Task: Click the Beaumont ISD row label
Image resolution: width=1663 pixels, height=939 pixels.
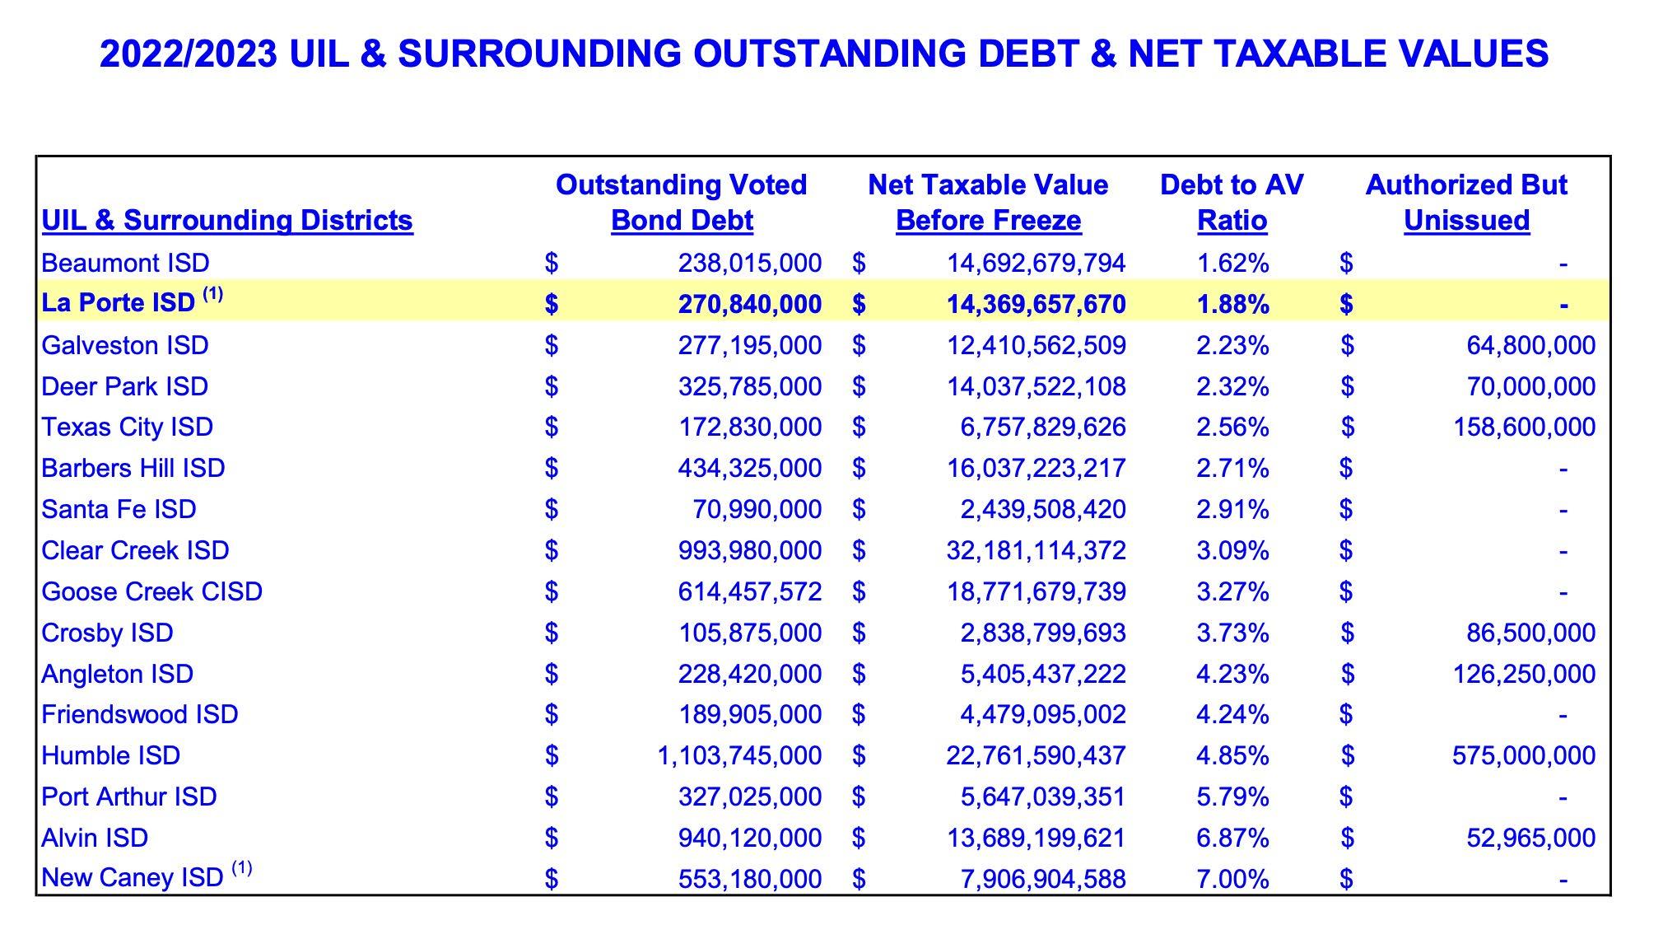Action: [x=125, y=263]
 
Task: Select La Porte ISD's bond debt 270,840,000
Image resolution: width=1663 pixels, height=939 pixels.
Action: [x=749, y=304]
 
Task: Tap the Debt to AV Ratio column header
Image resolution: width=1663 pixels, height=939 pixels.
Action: [x=1232, y=203]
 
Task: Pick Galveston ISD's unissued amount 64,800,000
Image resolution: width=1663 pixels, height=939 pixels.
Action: [x=1530, y=345]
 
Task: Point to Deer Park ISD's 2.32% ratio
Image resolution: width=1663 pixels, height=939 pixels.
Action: [x=1232, y=386]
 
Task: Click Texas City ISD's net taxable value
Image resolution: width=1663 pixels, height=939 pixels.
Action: [x=1042, y=427]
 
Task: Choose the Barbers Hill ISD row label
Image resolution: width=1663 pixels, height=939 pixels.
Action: [x=133, y=468]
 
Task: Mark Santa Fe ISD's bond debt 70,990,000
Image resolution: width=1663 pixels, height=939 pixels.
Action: [x=757, y=509]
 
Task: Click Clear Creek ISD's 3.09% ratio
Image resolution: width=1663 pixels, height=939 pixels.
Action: [x=1232, y=550]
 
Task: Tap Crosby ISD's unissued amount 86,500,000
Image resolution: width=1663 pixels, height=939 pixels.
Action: [x=1530, y=633]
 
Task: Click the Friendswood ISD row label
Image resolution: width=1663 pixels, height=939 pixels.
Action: [x=140, y=714]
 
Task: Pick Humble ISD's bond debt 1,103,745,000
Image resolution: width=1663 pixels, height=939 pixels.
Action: [x=738, y=755]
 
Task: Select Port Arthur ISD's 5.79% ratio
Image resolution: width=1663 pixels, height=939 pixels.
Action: [x=1232, y=797]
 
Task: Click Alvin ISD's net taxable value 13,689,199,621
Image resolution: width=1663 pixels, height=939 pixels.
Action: [x=1036, y=838]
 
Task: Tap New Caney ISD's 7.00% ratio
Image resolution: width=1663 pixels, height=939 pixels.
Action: [x=1232, y=879]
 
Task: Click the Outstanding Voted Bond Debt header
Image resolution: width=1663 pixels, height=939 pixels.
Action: [x=682, y=203]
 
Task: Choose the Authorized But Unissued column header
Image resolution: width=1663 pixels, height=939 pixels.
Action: [x=1466, y=203]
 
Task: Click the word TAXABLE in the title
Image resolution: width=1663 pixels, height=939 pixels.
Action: [x=1303, y=54]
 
